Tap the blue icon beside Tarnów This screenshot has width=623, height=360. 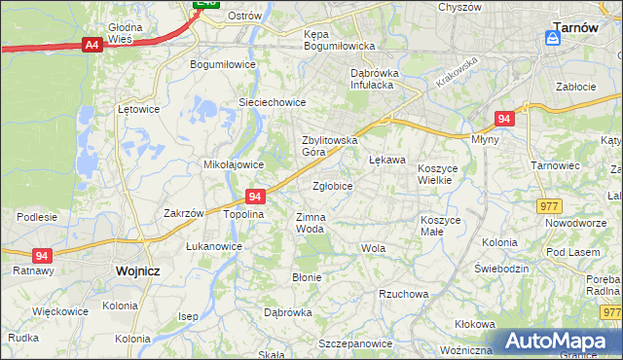553,38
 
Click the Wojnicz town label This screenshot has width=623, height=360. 136,271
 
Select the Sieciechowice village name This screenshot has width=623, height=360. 273,102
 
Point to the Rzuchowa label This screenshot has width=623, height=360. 404,294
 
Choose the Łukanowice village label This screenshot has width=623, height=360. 214,246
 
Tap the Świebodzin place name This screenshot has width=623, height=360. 501,269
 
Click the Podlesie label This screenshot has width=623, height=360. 37,216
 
